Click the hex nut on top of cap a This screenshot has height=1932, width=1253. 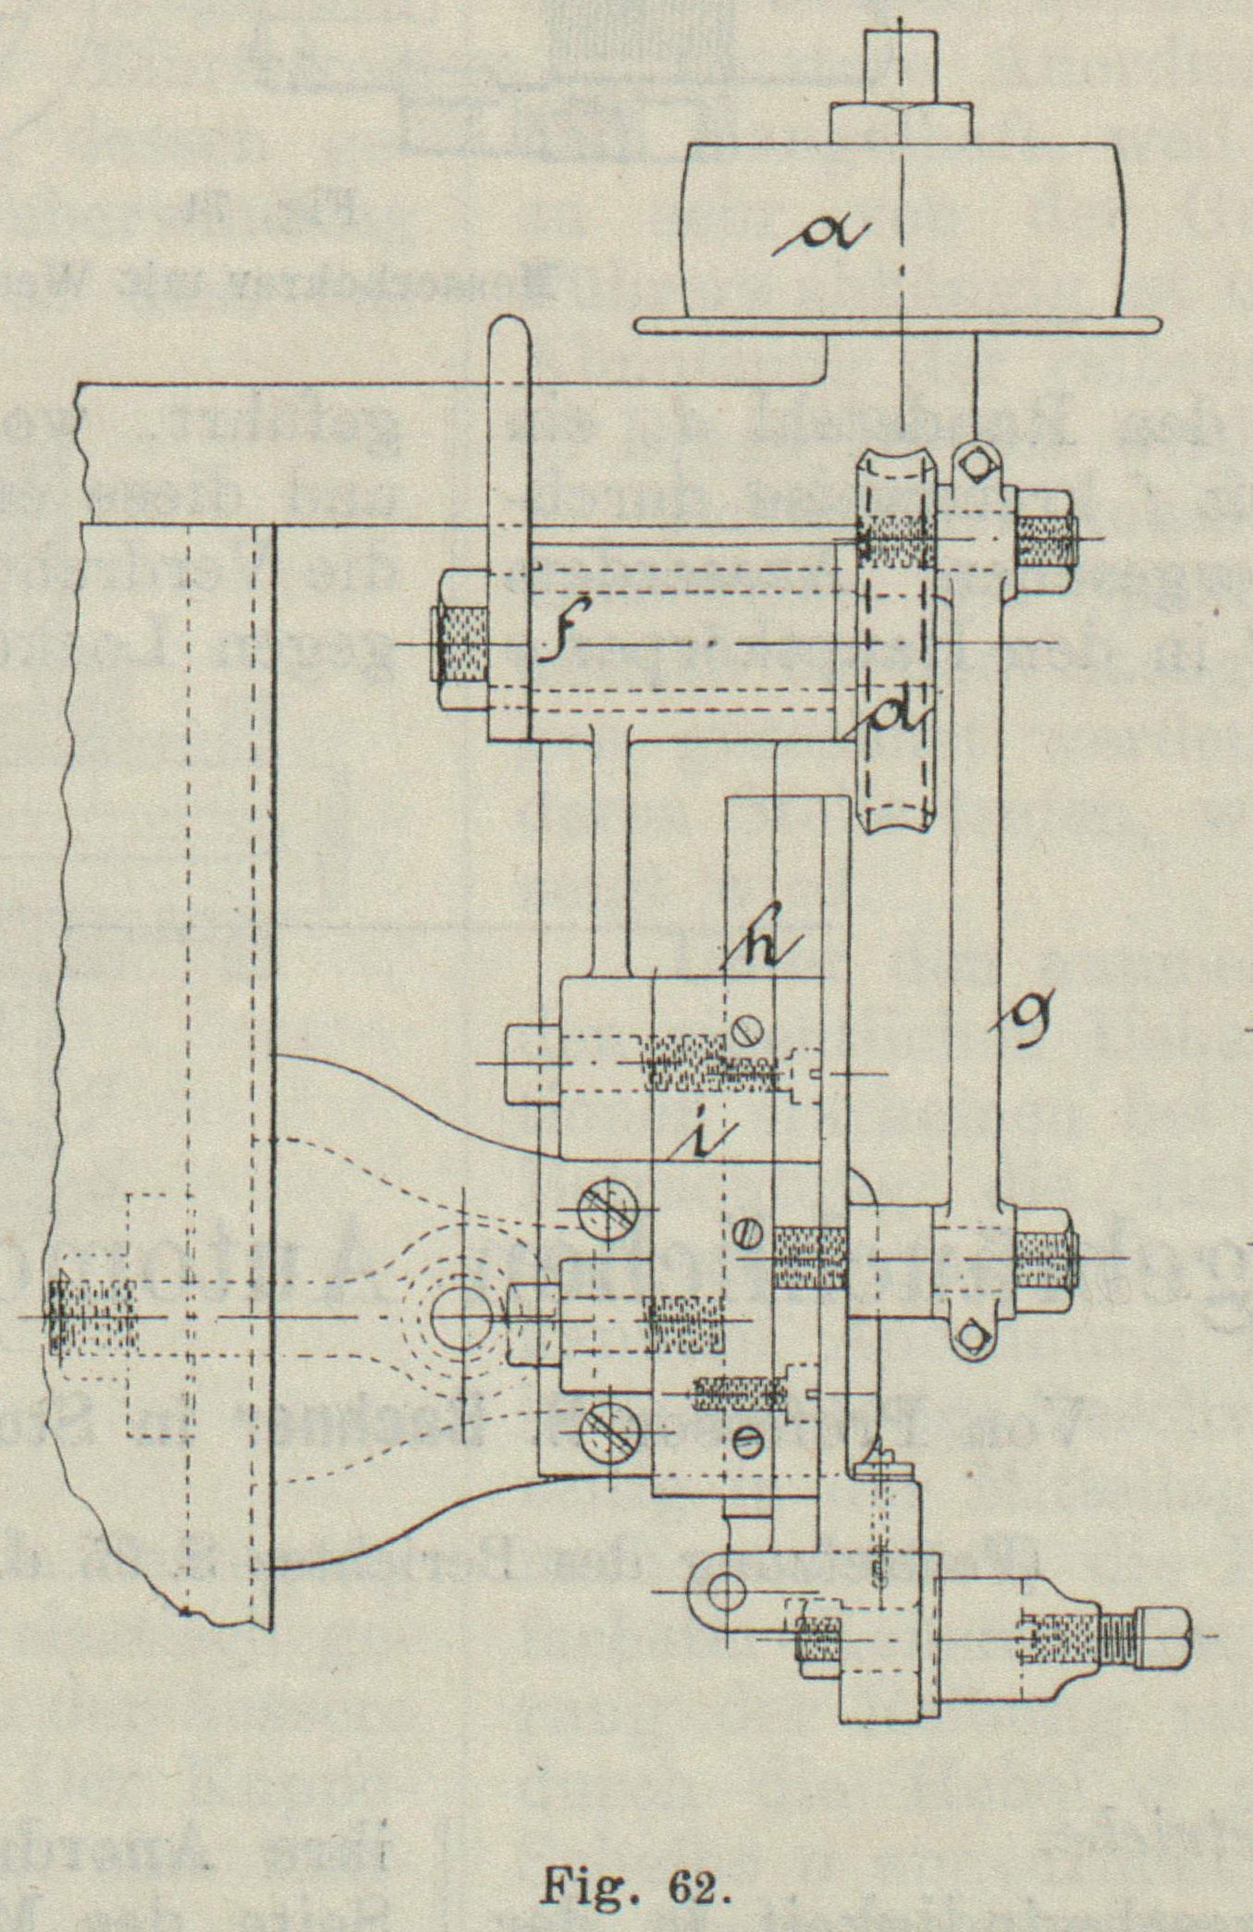pyautogui.click(x=901, y=123)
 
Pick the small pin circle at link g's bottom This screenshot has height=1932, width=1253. pyautogui.click(x=970, y=1335)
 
